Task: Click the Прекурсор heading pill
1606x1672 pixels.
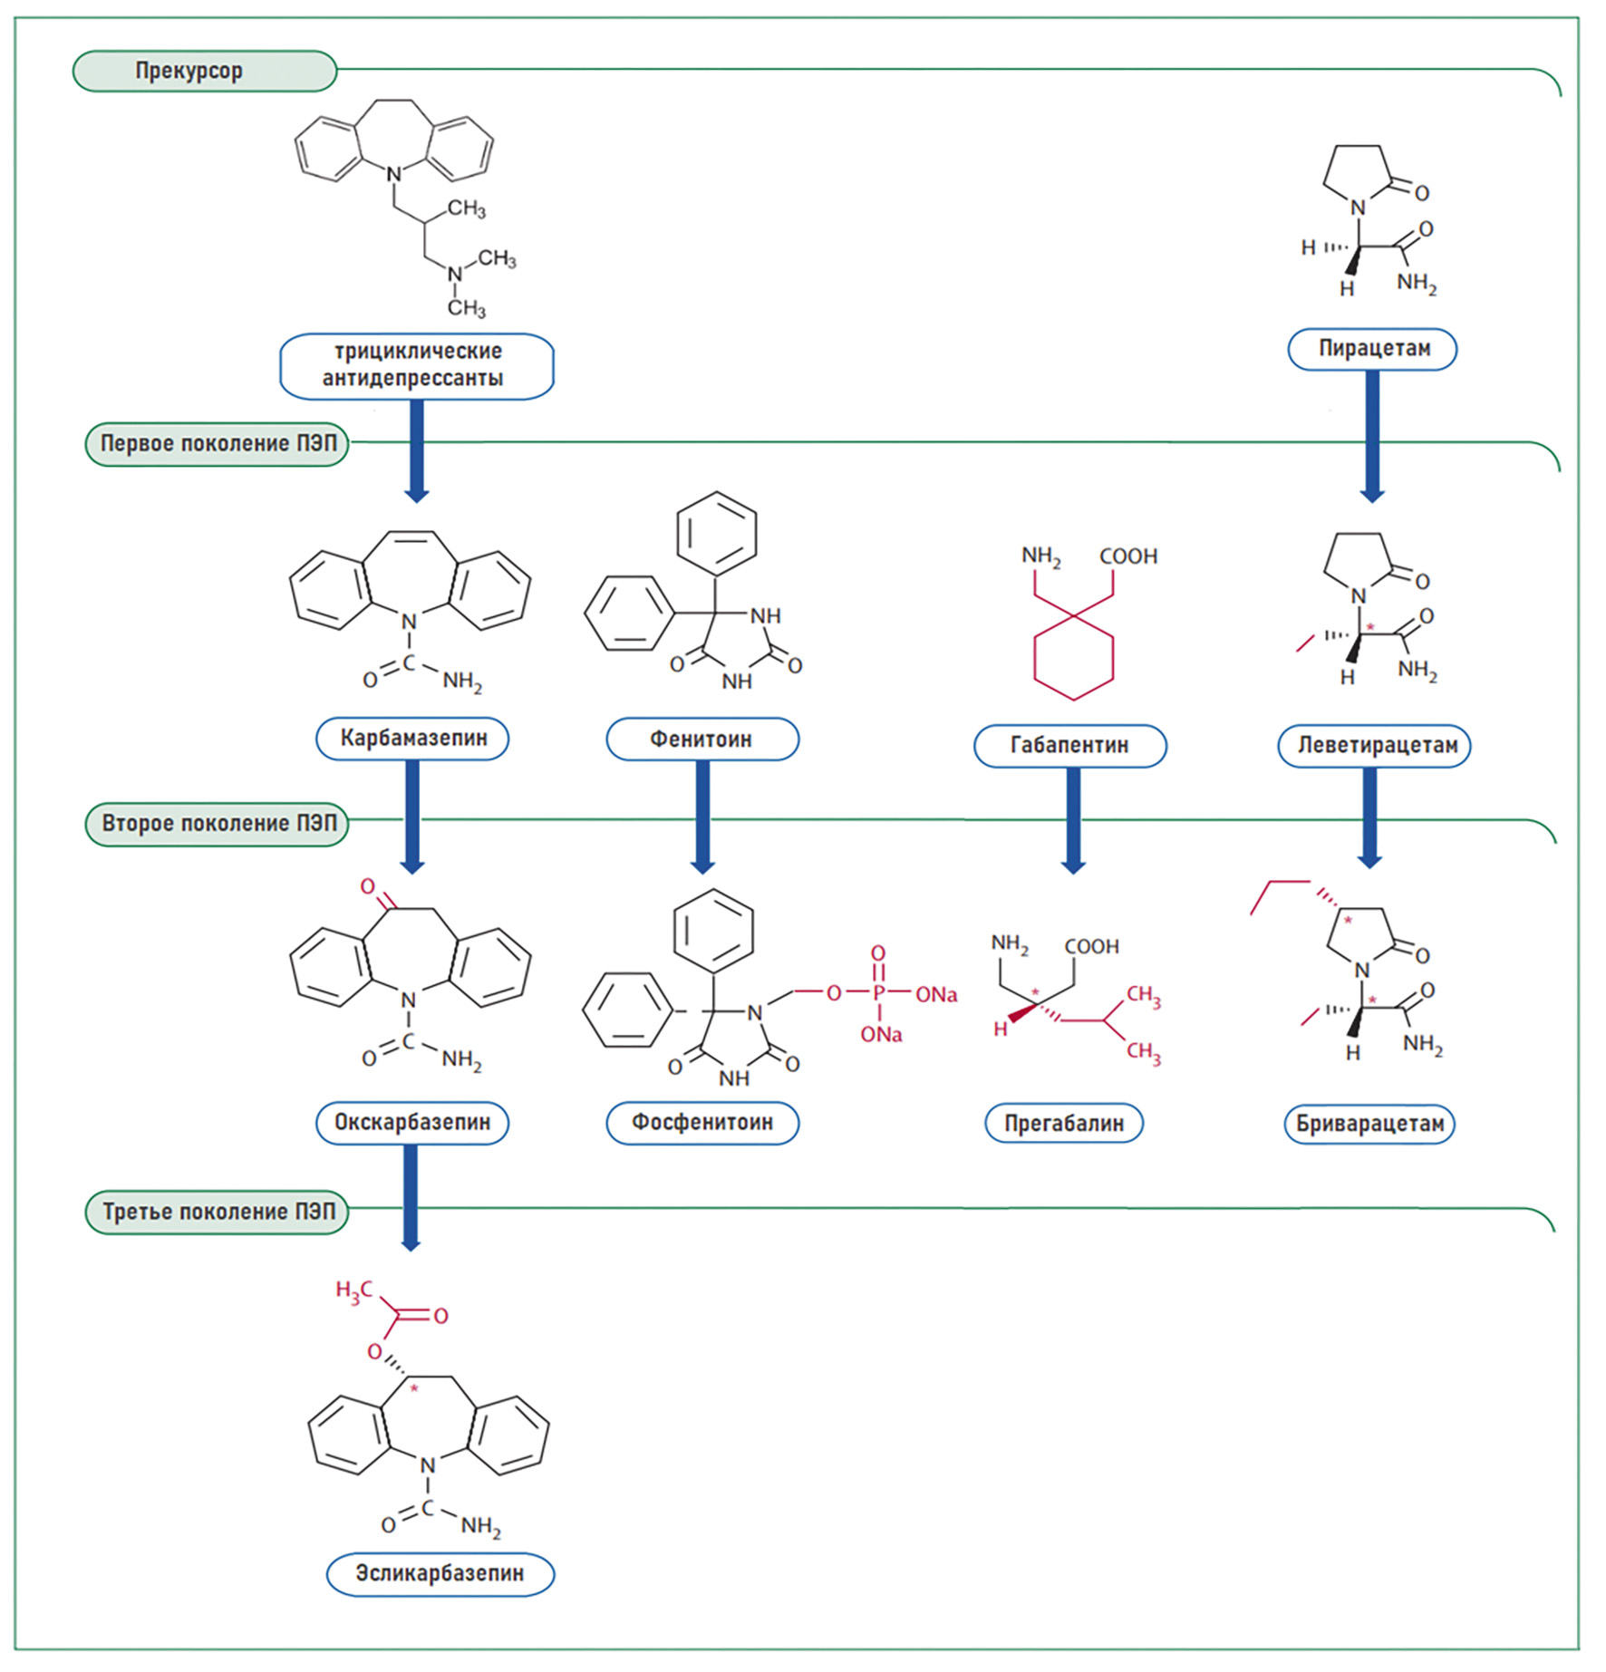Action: pyautogui.click(x=204, y=71)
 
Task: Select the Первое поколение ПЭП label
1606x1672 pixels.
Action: pyautogui.click(x=217, y=444)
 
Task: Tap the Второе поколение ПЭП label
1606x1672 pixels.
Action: pyautogui.click(x=217, y=824)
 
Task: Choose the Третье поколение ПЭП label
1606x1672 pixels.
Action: pyautogui.click(x=217, y=1213)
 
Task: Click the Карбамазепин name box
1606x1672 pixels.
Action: pyautogui.click(x=412, y=739)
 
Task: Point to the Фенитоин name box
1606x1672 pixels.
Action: pyautogui.click(x=701, y=739)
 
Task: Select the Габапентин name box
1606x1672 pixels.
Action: pyautogui.click(x=1069, y=746)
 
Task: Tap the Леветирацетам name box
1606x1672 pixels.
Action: pyautogui.click(x=1374, y=746)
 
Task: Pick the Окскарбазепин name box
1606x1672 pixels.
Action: pyautogui.click(x=412, y=1123)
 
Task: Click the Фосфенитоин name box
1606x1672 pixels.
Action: pyautogui.click(x=701, y=1123)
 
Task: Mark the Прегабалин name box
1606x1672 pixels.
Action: pyautogui.click(x=1063, y=1124)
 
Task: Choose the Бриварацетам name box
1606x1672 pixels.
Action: pyautogui.click(x=1369, y=1124)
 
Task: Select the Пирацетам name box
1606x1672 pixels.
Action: pyautogui.click(x=1372, y=349)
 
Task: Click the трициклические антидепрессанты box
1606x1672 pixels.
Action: pyautogui.click(x=416, y=365)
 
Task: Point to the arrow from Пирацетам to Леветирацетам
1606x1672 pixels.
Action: pyautogui.click(x=1372, y=435)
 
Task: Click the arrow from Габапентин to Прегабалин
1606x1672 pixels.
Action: pyautogui.click(x=1073, y=820)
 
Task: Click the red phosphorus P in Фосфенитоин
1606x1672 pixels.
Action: pyautogui.click(x=878, y=994)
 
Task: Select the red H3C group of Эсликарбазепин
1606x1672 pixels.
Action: pyautogui.click(x=353, y=1290)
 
